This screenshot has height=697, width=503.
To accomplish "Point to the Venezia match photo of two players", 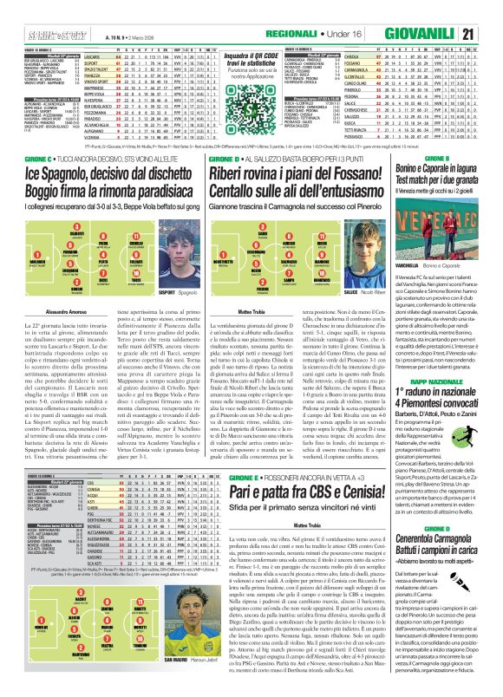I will [x=441, y=216].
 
